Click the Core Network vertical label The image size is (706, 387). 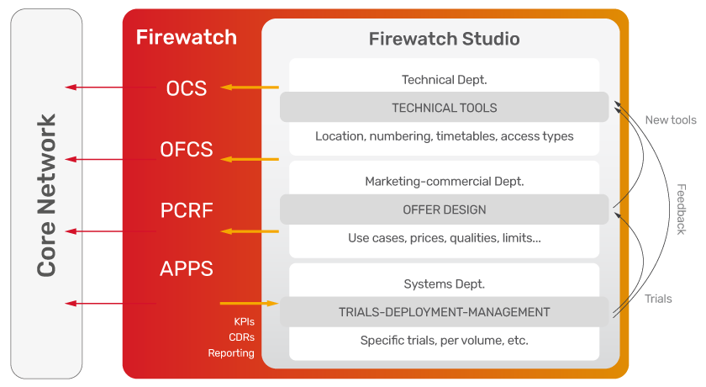47,195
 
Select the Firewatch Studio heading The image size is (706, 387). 444,39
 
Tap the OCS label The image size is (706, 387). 187,88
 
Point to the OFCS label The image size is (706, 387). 187,150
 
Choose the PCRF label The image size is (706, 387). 187,210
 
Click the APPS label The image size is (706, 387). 187,269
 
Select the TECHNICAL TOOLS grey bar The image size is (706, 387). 444,107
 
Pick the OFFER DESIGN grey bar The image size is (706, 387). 444,209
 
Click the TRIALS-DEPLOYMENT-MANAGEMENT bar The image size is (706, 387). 444,312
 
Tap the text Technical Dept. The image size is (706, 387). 444,80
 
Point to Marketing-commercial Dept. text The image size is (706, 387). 444,181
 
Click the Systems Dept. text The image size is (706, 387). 444,284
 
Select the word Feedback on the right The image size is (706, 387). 682,209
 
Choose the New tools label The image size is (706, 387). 671,119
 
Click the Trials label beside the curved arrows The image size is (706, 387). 658,299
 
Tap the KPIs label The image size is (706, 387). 244,321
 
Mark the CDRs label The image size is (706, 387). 242,337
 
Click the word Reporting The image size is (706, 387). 231,353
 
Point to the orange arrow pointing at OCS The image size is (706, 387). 250,87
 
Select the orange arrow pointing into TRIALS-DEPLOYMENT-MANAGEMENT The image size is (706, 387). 250,303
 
